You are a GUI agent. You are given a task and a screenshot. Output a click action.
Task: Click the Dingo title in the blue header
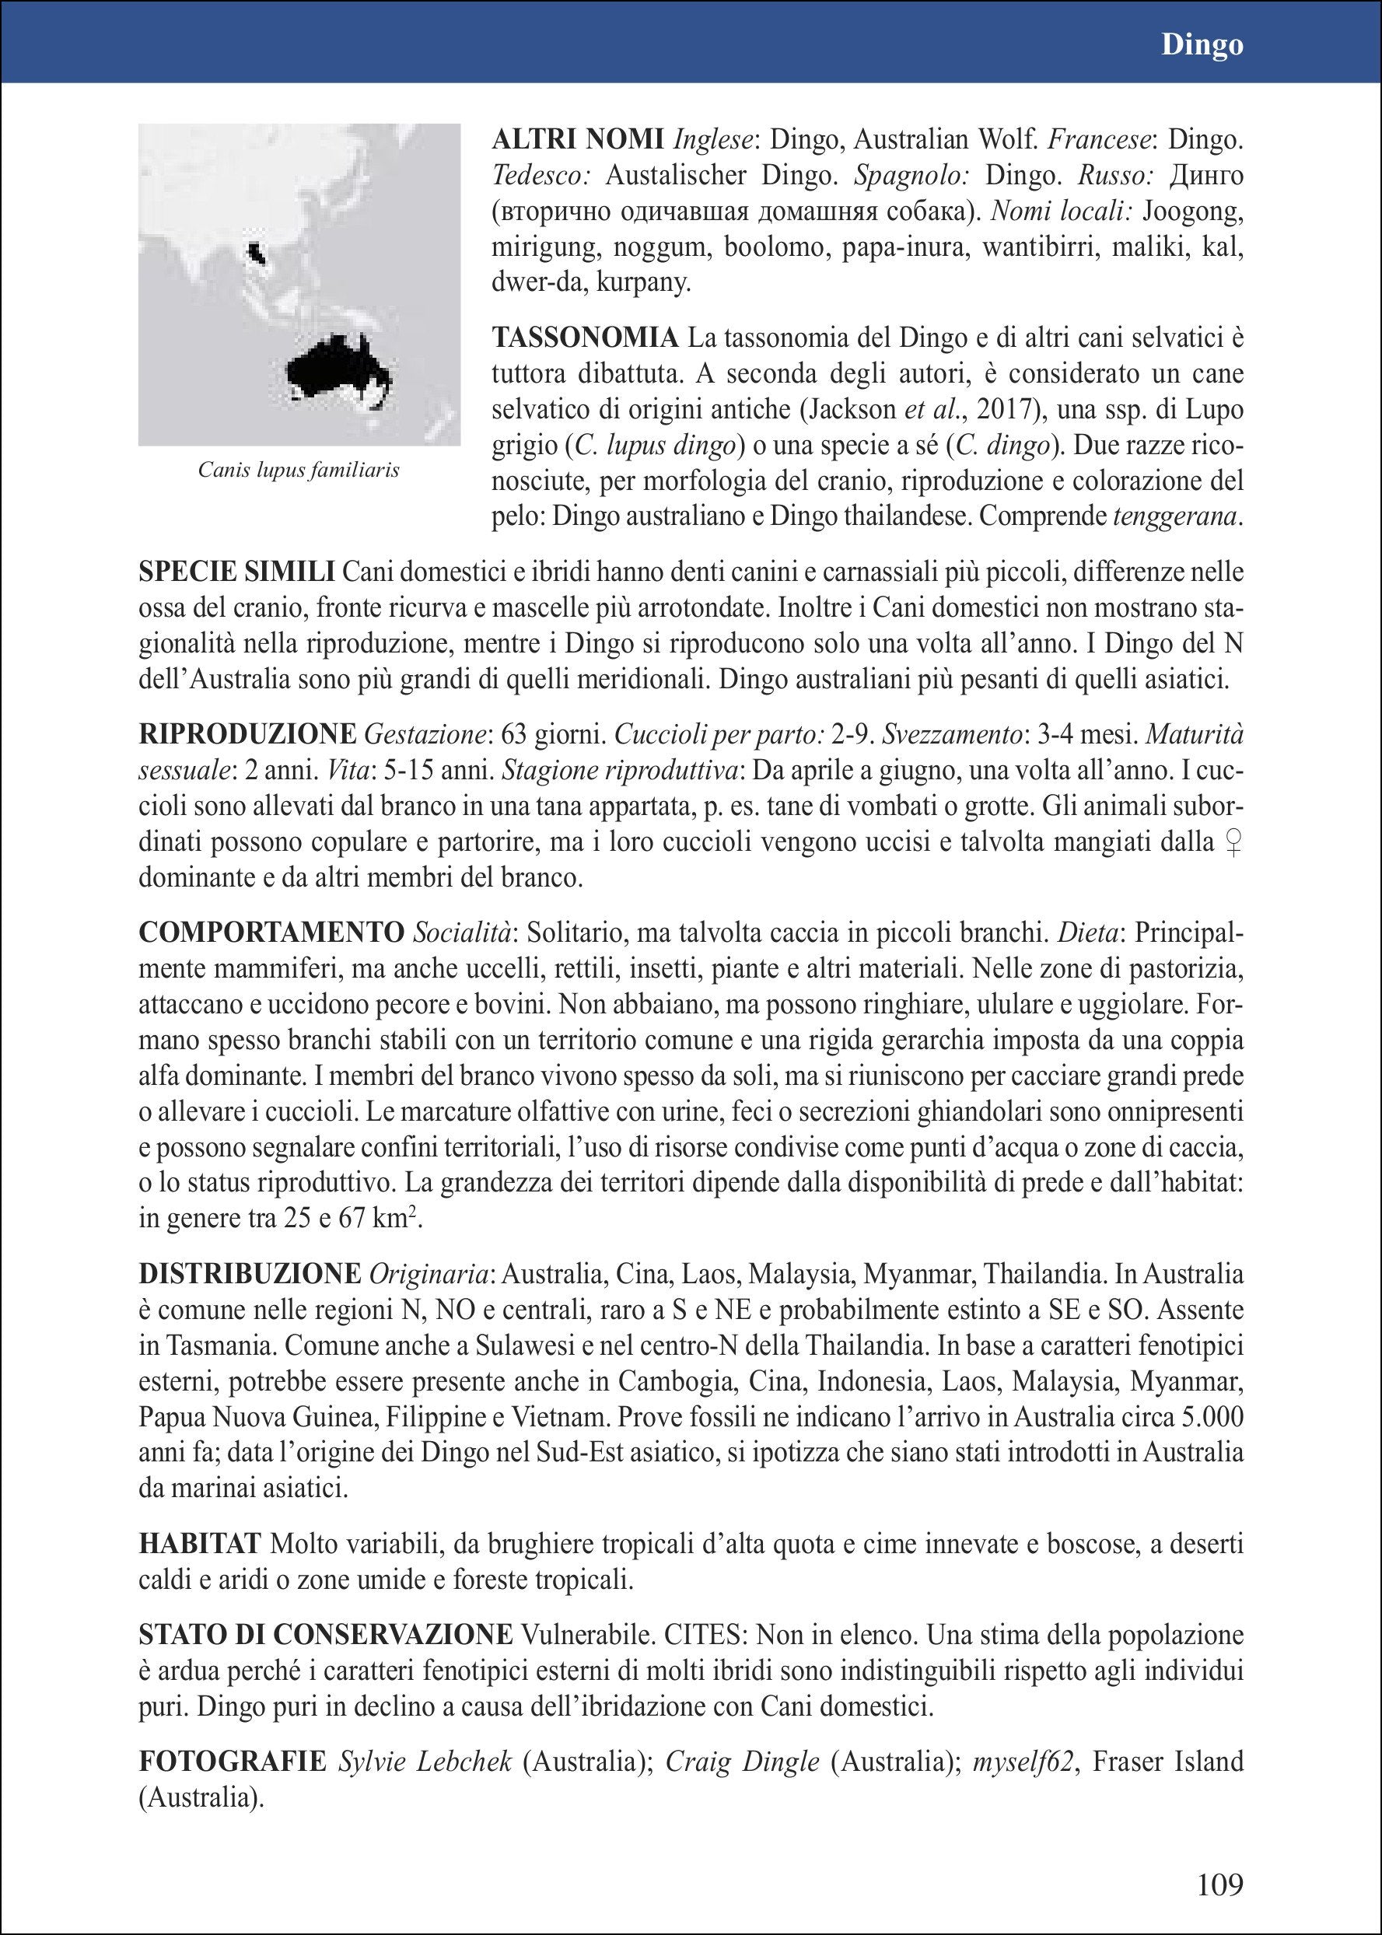click(1202, 45)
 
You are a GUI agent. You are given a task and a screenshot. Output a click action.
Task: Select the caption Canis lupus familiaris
click(299, 470)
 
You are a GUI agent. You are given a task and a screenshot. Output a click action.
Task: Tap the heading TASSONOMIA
click(586, 338)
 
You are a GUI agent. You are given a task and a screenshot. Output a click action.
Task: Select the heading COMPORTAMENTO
click(271, 933)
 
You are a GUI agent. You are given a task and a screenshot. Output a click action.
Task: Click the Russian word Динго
click(1207, 176)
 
